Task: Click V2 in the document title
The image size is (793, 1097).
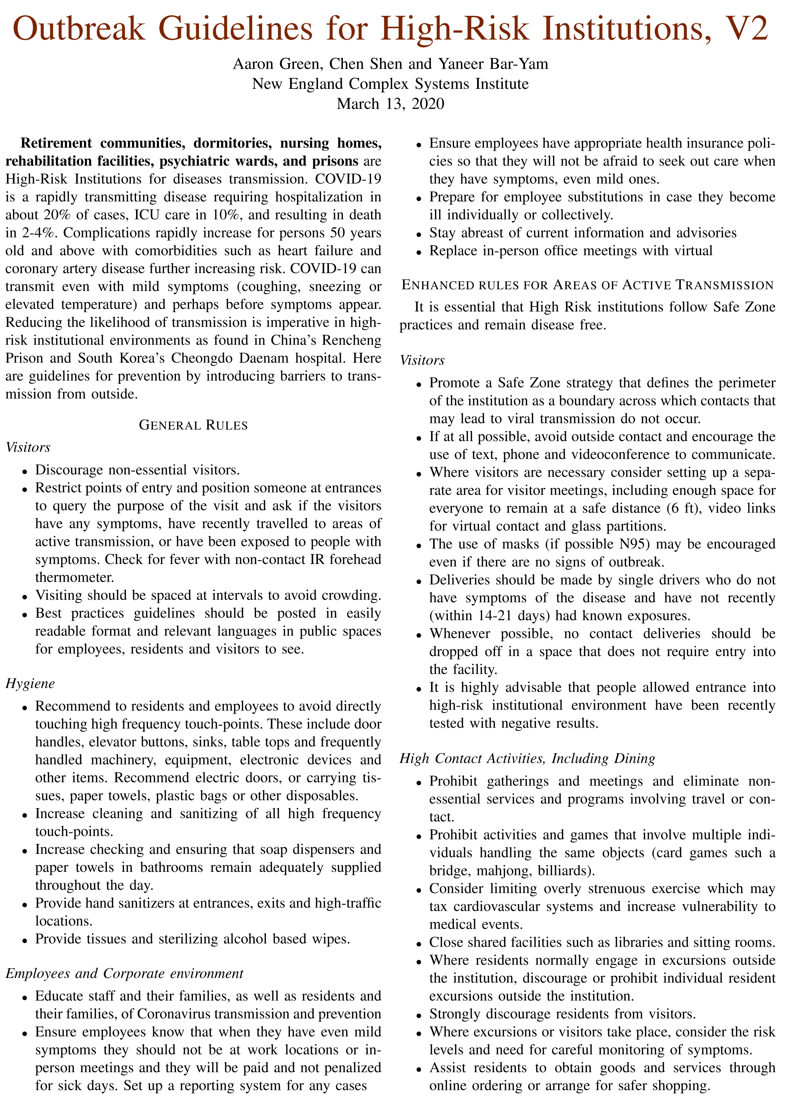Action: [743, 29]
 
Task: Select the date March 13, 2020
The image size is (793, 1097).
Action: [390, 104]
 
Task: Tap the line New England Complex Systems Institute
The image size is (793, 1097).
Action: [390, 84]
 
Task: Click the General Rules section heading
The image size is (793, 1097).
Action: [193, 425]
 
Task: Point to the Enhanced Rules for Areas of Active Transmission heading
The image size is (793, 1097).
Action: [587, 285]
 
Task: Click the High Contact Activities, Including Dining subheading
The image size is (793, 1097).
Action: [527, 759]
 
